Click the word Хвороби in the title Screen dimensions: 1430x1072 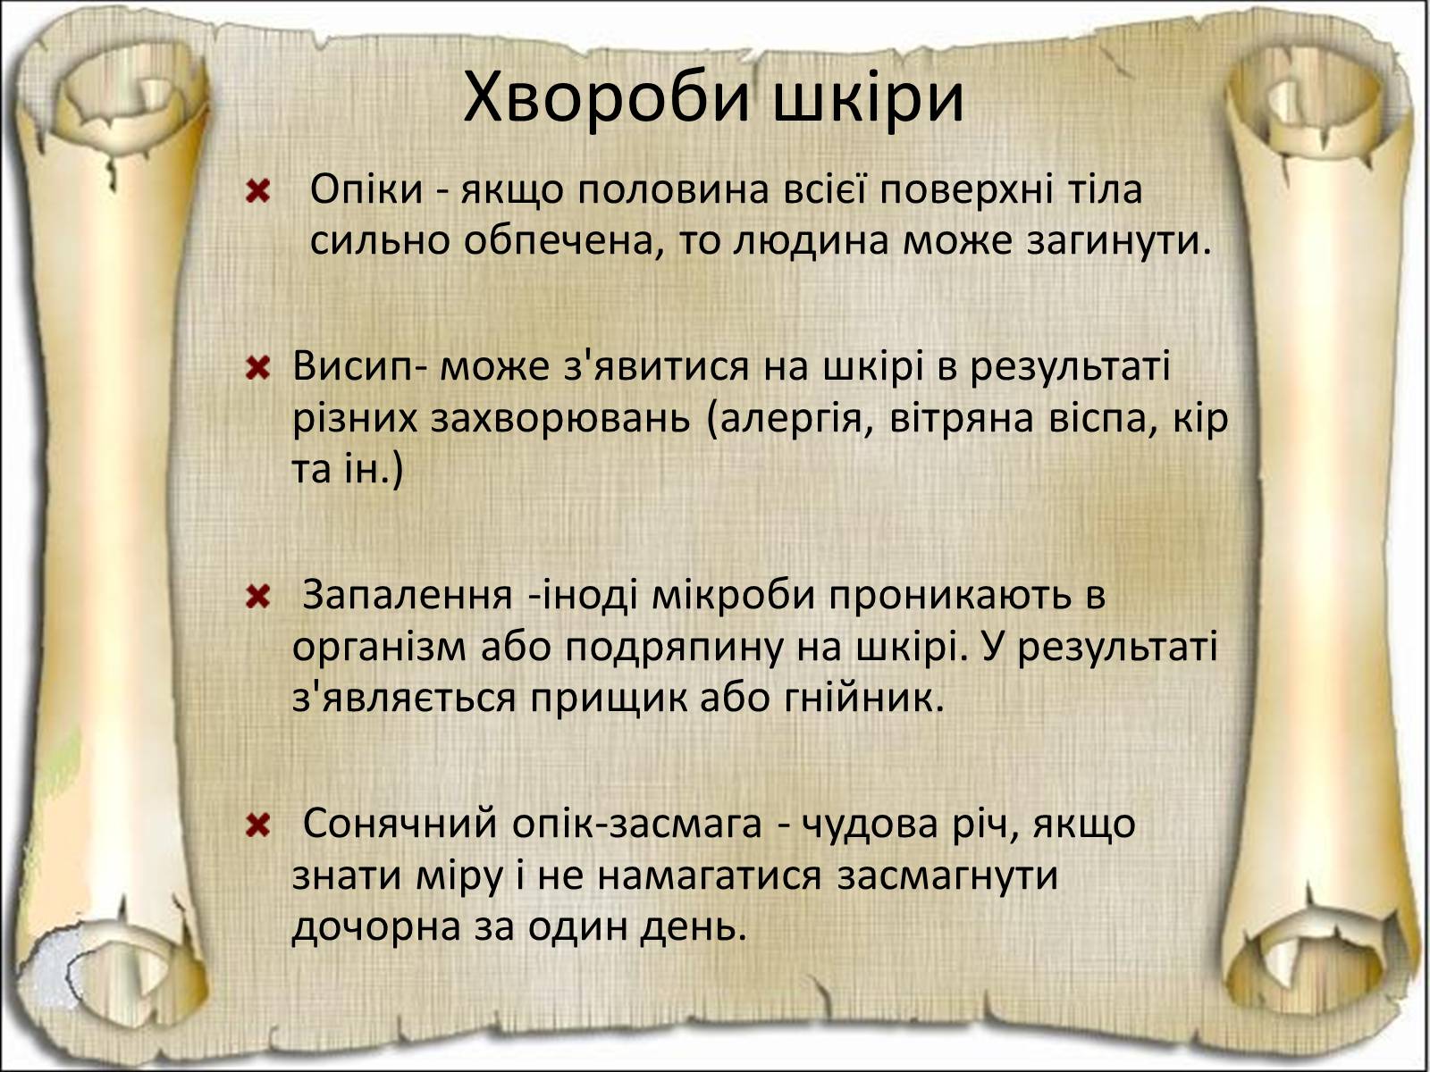click(607, 98)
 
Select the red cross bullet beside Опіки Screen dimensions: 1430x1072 click(258, 192)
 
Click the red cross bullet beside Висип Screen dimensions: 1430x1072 click(258, 368)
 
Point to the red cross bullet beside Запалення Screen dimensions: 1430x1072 click(258, 596)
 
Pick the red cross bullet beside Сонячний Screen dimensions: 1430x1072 click(258, 825)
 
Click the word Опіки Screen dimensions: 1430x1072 click(366, 190)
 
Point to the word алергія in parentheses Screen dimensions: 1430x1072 click(790, 418)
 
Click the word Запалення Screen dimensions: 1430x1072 click(408, 596)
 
